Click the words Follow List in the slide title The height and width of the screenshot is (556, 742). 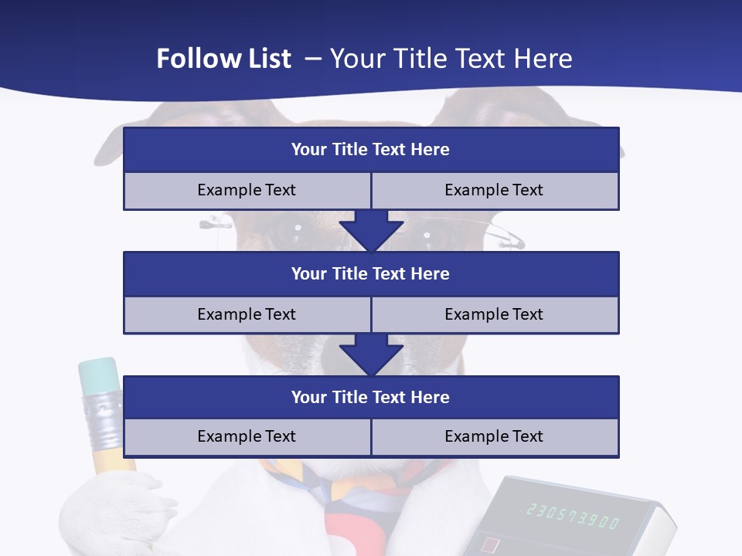pos(223,59)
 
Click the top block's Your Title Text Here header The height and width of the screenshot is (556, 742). pos(370,150)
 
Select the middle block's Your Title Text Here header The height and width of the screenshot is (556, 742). pos(370,273)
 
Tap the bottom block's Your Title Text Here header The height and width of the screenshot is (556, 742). pos(370,397)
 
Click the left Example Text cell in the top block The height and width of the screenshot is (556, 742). pos(247,190)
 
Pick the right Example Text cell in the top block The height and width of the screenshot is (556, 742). pos(494,190)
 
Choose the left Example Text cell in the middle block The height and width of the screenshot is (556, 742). pos(247,314)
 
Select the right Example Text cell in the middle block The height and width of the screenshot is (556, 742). pos(494,314)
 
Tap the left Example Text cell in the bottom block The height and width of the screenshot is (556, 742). pos(247,436)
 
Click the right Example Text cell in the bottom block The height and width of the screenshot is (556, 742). pos(494,436)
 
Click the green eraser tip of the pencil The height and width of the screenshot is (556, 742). pos(99,375)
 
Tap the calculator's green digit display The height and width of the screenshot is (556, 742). pos(573,515)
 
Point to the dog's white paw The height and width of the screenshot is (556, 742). pos(116,510)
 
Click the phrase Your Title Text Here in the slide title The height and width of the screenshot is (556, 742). pos(451,59)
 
